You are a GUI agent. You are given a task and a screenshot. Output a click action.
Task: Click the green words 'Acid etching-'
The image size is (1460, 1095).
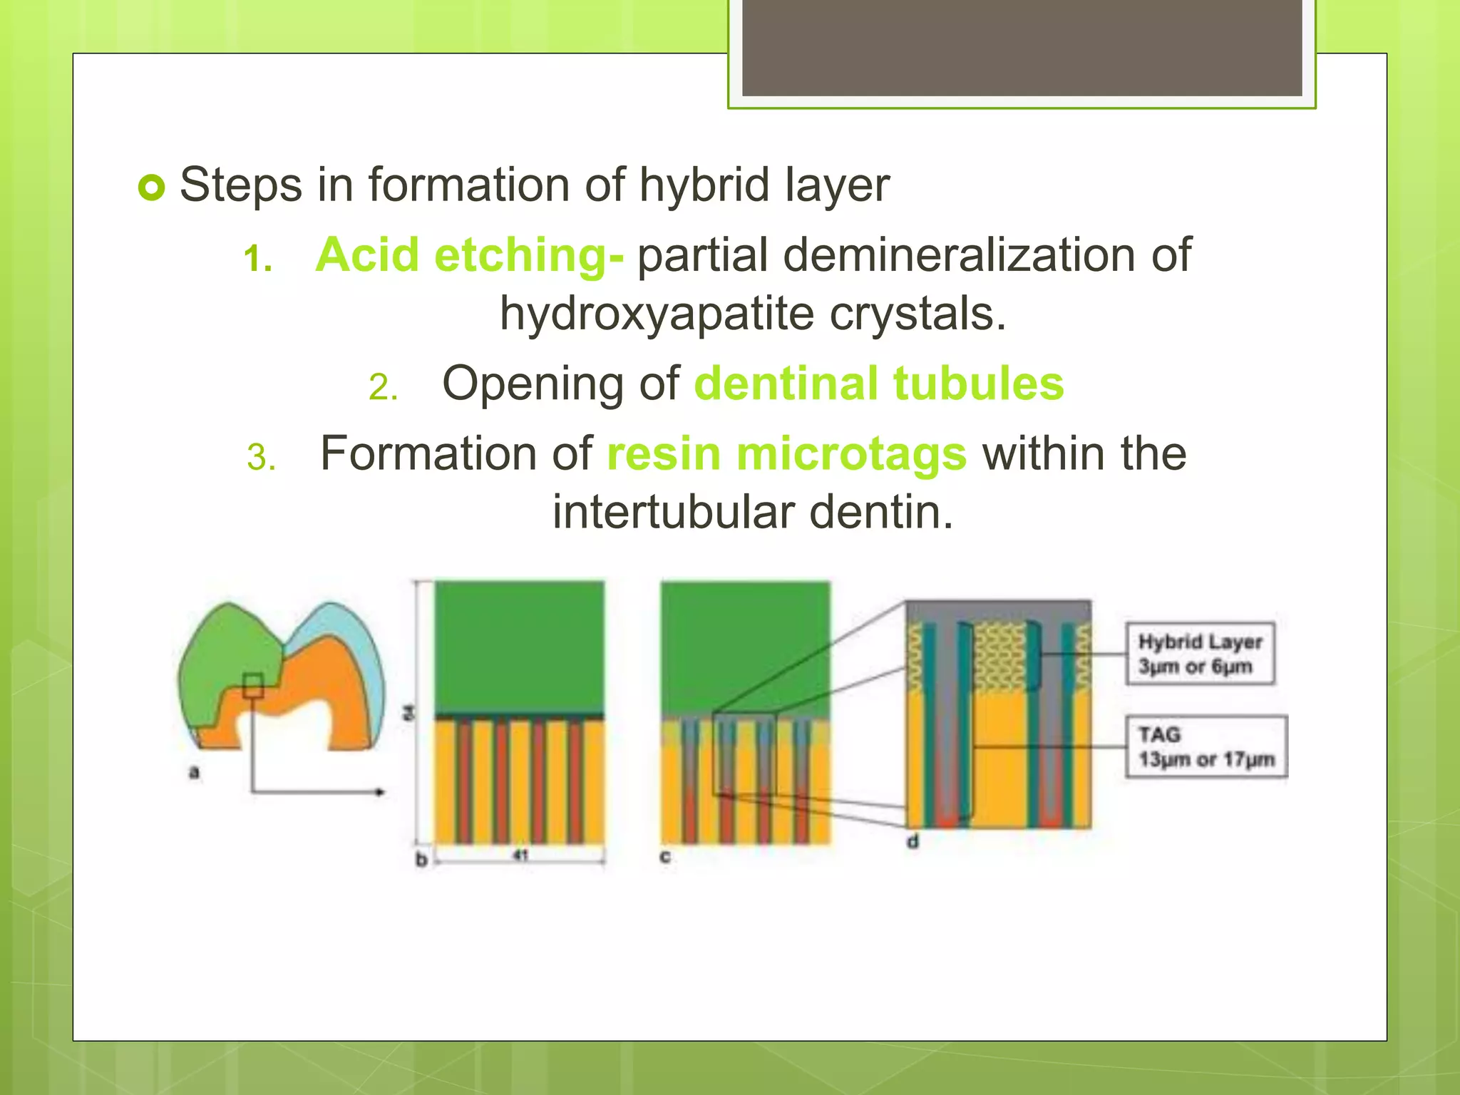(469, 255)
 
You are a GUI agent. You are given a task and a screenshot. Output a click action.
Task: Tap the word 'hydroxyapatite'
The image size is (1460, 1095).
(656, 314)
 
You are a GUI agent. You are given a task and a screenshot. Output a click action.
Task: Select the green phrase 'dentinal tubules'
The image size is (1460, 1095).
(878, 384)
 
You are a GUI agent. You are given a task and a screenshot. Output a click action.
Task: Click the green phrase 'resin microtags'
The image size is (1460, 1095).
(786, 454)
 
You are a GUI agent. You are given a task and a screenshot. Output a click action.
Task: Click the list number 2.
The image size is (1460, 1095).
(382, 388)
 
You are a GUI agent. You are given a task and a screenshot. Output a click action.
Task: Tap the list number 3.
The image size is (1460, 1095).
(260, 458)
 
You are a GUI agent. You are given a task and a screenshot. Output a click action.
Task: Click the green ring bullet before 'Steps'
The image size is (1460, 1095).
(151, 187)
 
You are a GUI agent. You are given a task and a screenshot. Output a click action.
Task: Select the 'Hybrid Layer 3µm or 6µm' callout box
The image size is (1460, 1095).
(1200, 654)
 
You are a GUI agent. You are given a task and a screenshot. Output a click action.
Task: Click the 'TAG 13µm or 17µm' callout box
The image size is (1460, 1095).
(1205, 746)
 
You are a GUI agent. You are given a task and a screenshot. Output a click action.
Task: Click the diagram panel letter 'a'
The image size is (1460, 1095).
(194, 772)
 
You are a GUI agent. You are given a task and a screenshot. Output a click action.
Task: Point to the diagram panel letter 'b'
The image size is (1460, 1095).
(421, 860)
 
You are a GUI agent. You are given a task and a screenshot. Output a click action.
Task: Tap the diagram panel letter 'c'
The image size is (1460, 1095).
(664, 856)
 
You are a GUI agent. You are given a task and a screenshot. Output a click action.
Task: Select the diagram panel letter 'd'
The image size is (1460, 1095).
(913, 842)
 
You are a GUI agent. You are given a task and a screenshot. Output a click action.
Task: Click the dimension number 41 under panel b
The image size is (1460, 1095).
(520, 855)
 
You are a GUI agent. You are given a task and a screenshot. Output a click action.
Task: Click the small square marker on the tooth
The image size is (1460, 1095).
(253, 686)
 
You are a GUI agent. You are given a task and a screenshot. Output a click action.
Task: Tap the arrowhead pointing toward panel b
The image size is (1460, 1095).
(381, 792)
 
